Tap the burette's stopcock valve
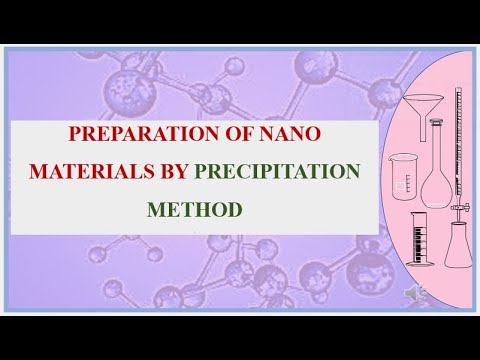click(x=461, y=208)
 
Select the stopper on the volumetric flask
click(x=435, y=123)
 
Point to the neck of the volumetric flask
click(x=435, y=145)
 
